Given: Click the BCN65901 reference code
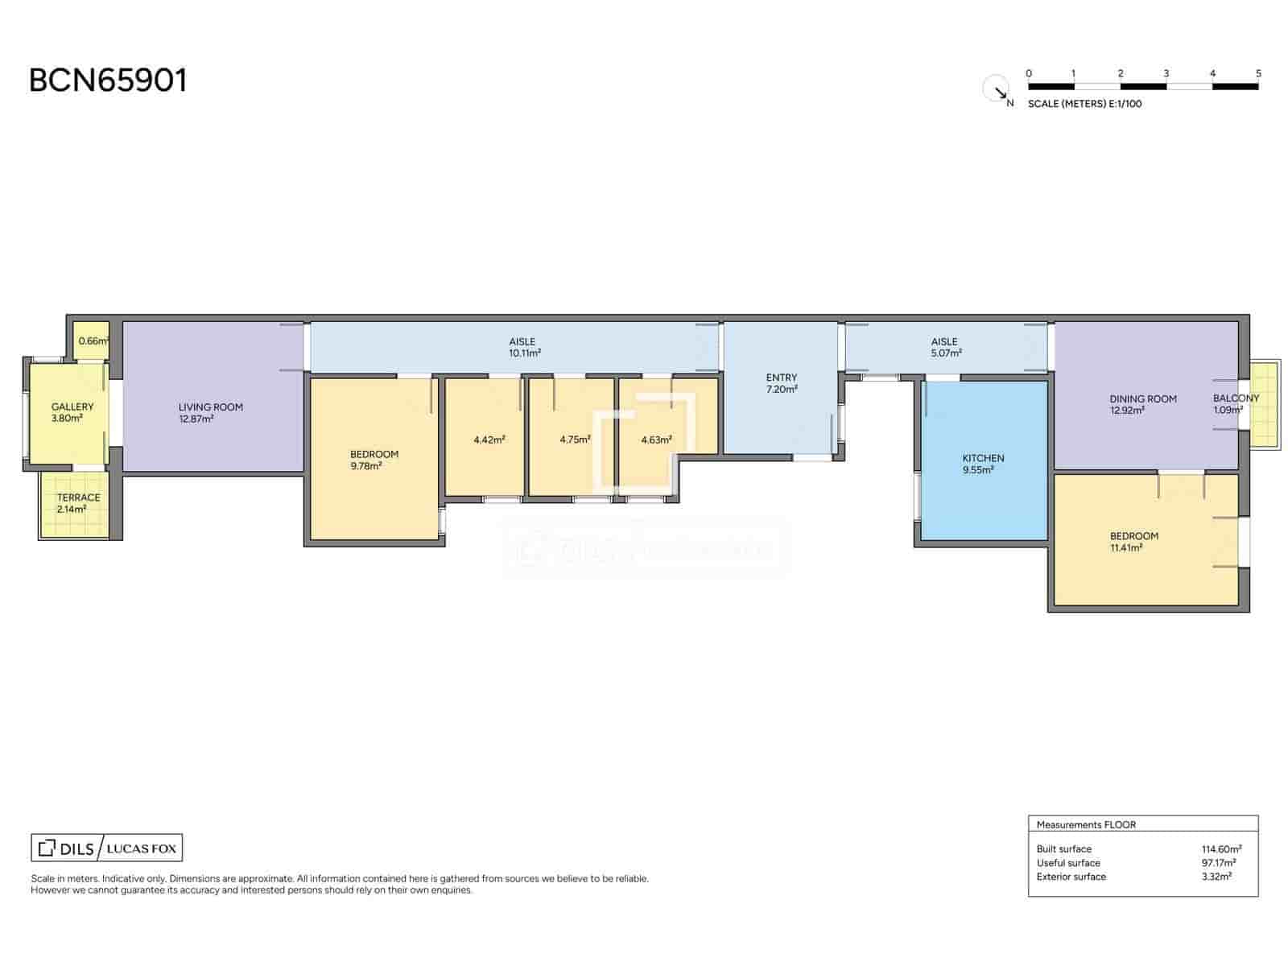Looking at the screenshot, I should tap(108, 80).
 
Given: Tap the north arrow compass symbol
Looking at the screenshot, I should tap(997, 89).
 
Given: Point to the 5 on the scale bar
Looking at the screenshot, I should tap(1258, 73).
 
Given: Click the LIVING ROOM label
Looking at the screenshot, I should tap(210, 407).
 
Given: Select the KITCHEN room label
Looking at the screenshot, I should tap(983, 458).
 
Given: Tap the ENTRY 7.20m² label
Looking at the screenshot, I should tap(782, 383).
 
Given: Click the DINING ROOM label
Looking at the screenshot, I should tap(1142, 399).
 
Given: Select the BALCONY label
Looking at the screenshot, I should tap(1236, 398).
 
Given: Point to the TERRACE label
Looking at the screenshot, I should tap(78, 497).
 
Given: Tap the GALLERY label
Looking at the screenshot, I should tap(72, 407).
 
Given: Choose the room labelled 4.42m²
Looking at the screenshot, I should tap(489, 440).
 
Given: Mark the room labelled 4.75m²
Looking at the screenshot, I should tap(575, 440).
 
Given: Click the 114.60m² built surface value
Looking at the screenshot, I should tap(1220, 849).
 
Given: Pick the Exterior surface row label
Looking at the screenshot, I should tap(1071, 877).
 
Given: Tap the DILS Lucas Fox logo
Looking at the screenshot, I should tap(107, 848).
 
